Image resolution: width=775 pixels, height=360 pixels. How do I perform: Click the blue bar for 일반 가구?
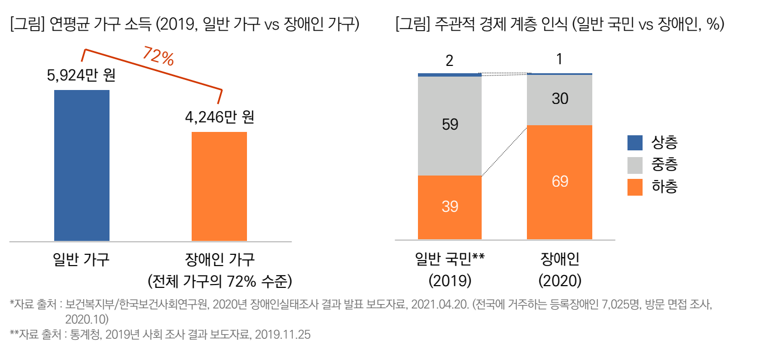point(82,165)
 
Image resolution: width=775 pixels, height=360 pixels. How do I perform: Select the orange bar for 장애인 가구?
point(219,186)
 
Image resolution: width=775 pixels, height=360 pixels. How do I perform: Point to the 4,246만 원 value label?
point(219,118)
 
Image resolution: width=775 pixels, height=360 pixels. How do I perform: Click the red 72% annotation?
point(158,57)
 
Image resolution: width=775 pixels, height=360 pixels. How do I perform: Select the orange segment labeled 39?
point(450,207)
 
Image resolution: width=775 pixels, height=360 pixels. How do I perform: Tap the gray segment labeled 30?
point(559,100)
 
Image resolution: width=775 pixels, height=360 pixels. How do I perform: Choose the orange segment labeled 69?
point(559,182)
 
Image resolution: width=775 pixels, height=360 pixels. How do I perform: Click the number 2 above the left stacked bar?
point(449,61)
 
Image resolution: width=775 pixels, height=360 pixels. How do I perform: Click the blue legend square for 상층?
point(635,143)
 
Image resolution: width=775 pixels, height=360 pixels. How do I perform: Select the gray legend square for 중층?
point(635,165)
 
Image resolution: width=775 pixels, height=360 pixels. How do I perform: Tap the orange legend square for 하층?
point(635,187)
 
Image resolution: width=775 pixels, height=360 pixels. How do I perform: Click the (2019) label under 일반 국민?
point(450,279)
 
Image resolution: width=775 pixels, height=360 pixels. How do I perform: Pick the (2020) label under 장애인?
point(560,279)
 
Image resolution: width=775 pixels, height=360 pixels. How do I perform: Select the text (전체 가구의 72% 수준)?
point(219,280)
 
